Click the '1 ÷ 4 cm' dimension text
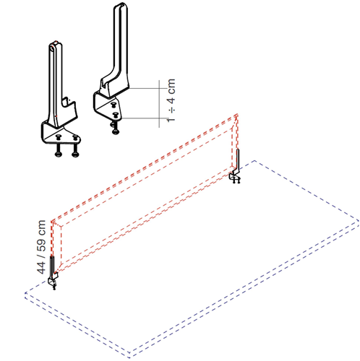click(x=171, y=100)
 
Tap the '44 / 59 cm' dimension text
click(x=41, y=247)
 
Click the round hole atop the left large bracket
click(x=52, y=48)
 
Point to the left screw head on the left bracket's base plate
click(x=59, y=137)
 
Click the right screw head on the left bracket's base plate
click(x=75, y=137)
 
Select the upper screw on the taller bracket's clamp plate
click(x=113, y=105)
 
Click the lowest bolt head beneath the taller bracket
click(x=116, y=131)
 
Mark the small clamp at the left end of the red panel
click(x=53, y=273)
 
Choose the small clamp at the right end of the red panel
click(x=235, y=168)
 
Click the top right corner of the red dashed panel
click(x=238, y=114)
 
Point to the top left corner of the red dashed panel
click(x=51, y=221)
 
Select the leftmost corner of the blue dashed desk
click(x=25, y=293)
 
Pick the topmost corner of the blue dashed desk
click(x=255, y=160)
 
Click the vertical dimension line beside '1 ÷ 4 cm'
click(x=159, y=104)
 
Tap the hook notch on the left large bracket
click(x=65, y=102)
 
